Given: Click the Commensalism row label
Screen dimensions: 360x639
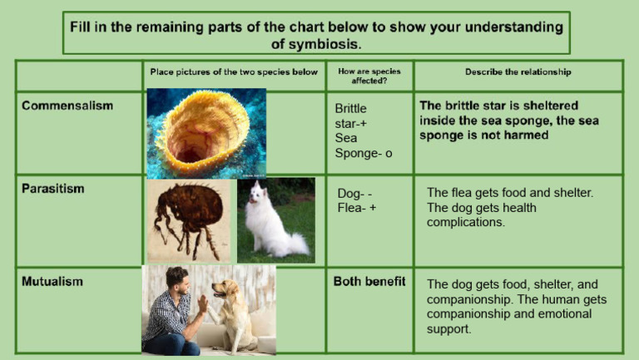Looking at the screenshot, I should click(x=67, y=106).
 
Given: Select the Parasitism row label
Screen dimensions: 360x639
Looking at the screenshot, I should click(x=52, y=189).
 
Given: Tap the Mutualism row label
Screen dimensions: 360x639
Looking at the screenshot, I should click(x=52, y=282).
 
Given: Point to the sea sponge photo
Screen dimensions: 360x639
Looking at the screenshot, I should click(x=205, y=133).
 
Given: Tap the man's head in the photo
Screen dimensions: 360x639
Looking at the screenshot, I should click(x=176, y=279).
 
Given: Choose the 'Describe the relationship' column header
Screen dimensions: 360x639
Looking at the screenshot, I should click(x=518, y=72).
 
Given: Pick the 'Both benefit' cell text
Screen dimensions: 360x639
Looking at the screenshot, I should click(x=369, y=282).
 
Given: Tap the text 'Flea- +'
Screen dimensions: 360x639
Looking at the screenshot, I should click(x=357, y=208).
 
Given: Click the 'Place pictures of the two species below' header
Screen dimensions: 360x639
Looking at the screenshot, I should click(x=234, y=72).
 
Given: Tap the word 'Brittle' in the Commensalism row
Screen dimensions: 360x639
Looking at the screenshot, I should click(x=350, y=109).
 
